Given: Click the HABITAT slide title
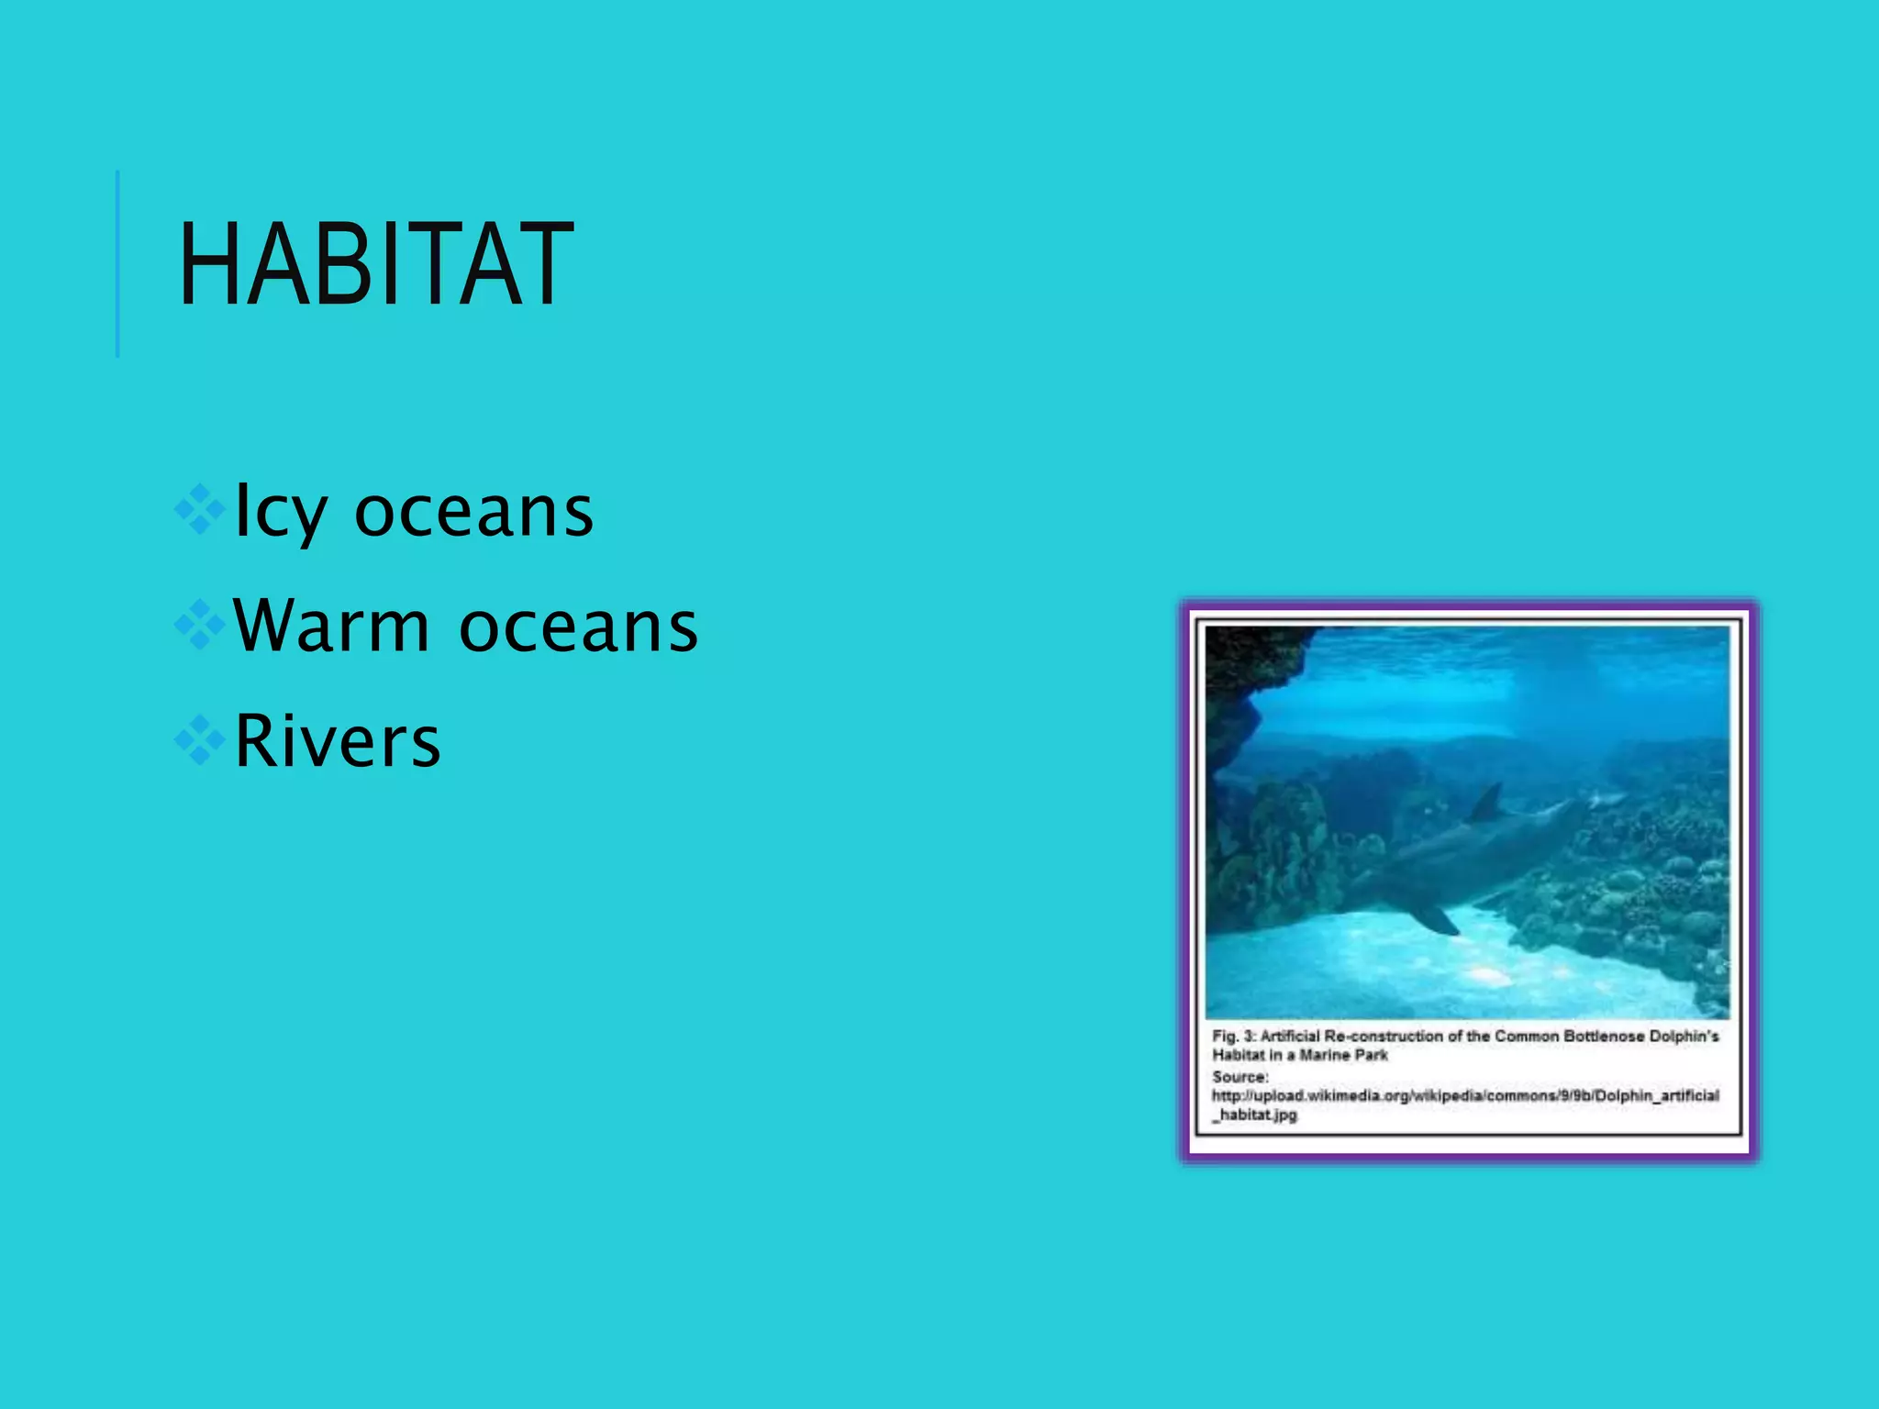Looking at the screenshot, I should [x=376, y=266].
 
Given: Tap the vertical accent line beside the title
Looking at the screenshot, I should [x=117, y=264].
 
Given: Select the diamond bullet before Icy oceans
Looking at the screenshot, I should [x=200, y=510].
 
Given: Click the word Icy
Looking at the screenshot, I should [x=280, y=512].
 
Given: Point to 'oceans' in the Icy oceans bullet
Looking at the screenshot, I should [x=473, y=512].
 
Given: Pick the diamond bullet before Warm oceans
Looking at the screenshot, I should [x=200, y=626].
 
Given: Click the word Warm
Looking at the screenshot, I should [x=331, y=626].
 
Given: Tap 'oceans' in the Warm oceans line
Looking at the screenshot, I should [x=578, y=627].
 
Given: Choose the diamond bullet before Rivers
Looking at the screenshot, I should [x=200, y=740].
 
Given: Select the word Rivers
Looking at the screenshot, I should [x=338, y=741].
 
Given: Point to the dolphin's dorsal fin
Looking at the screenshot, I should [x=1488, y=804].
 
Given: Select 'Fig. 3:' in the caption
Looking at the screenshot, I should [x=1234, y=1036].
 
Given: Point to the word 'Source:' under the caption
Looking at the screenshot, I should [x=1240, y=1076].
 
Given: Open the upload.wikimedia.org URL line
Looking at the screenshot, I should [x=1465, y=1095].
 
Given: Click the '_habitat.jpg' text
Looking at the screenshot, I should [x=1255, y=1115].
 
